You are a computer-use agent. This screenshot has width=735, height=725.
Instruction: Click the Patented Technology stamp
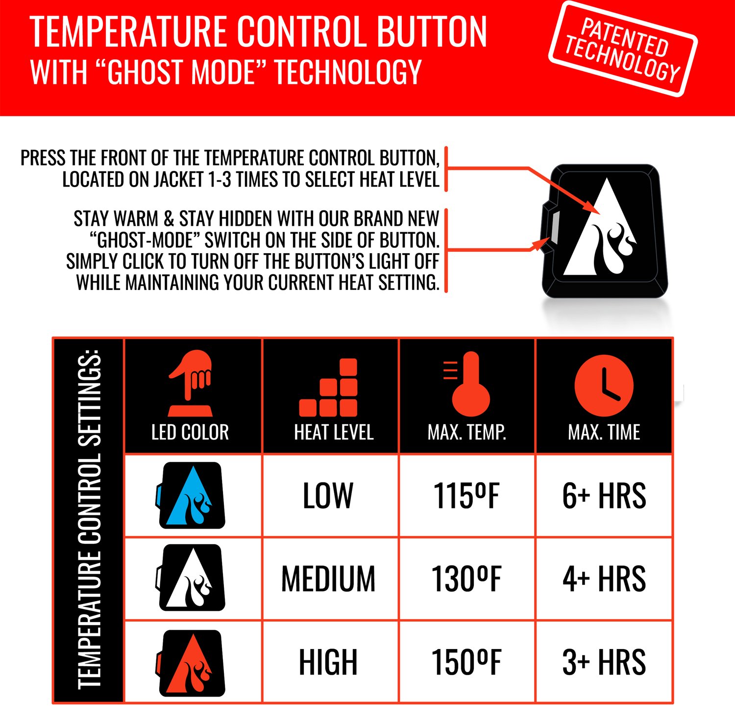[x=623, y=49]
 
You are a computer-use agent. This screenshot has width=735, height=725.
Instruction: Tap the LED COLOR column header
[x=190, y=432]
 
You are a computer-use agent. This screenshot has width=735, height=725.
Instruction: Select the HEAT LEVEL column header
[x=334, y=432]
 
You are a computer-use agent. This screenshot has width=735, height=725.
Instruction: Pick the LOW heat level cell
[x=328, y=496]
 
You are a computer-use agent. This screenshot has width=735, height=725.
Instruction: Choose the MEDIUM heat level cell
[x=328, y=579]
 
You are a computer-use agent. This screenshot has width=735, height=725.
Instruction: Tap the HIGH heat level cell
[x=328, y=662]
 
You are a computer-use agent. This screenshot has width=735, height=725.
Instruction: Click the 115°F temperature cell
[x=466, y=496]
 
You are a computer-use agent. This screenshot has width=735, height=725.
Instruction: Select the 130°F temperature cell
[x=466, y=579]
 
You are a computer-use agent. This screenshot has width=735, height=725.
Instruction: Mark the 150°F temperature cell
[x=466, y=662]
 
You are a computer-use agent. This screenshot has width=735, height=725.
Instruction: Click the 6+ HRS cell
[x=604, y=496]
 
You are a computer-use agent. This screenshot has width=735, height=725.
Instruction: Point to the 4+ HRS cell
[x=604, y=579]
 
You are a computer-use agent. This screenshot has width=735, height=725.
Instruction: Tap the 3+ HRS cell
[x=604, y=662]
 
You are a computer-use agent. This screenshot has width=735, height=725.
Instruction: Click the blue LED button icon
[x=191, y=495]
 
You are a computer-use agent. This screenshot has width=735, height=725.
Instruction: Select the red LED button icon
[x=191, y=663]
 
